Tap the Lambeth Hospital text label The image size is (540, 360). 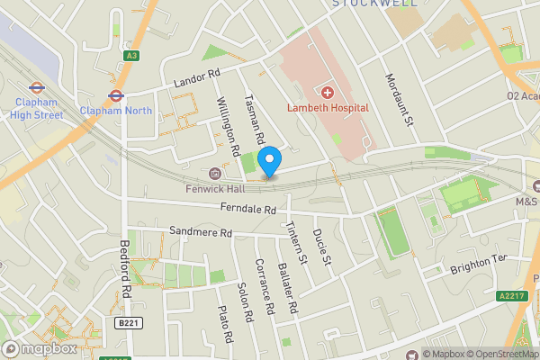(x=328, y=108)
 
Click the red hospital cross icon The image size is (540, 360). (x=327, y=92)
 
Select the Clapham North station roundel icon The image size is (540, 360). (x=115, y=94)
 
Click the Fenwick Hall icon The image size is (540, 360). (x=214, y=174)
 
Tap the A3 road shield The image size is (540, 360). (x=132, y=56)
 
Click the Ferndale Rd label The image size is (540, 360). (x=247, y=210)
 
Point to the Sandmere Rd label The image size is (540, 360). (x=201, y=233)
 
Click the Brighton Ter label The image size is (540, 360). (x=479, y=258)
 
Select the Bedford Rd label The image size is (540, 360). (x=127, y=269)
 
